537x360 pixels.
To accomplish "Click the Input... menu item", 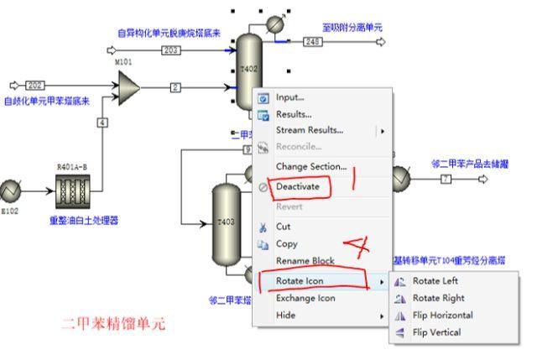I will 290,97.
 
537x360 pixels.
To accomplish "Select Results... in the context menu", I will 294,113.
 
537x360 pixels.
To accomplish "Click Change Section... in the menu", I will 310,166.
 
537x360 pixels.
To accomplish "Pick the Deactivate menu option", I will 298,186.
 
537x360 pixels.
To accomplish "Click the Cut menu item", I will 284,227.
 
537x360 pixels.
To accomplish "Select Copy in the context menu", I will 287,243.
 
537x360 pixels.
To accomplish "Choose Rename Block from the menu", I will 305,260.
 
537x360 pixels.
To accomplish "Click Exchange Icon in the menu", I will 305,298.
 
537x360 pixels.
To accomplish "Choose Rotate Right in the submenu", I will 439,298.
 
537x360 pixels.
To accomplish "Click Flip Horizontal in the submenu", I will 442,316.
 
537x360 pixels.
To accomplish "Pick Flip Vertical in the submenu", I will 436,332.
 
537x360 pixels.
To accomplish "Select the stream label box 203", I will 171,50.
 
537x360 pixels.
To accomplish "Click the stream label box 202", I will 35,85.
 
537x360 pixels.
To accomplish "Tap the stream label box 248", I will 313,40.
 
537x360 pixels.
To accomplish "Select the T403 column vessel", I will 224,222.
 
